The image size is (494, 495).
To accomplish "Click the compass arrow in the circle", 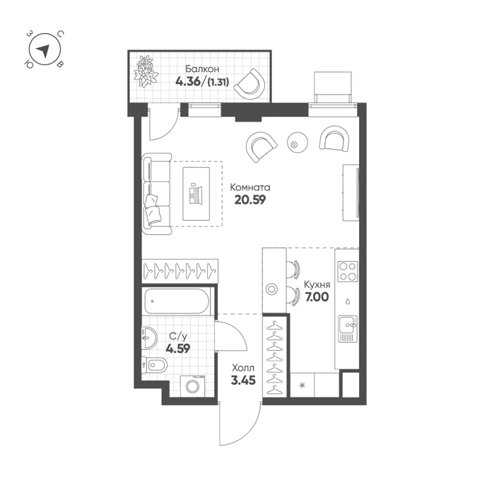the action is pyautogui.click(x=44, y=50).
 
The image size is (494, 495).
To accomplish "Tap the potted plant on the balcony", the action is pyautogui.click(x=146, y=71).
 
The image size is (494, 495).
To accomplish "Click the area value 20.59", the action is pyautogui.click(x=250, y=200).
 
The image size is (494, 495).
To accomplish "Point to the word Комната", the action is pyautogui.click(x=250, y=187).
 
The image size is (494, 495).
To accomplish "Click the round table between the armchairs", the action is pyautogui.click(x=297, y=142).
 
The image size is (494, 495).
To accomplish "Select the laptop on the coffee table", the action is pyautogui.click(x=196, y=193).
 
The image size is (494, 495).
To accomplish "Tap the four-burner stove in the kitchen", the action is pyautogui.click(x=348, y=271).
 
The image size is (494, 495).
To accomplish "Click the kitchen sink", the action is pyautogui.click(x=348, y=329).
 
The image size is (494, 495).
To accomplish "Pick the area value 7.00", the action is pyautogui.click(x=317, y=297).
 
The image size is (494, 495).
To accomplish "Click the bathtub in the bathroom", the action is pyautogui.click(x=177, y=301).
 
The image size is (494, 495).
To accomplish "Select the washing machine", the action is pyautogui.click(x=192, y=385).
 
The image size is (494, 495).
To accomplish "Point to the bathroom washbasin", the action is pyautogui.click(x=149, y=338).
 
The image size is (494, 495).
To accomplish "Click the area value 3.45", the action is pyautogui.click(x=243, y=380).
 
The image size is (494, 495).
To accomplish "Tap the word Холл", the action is pyautogui.click(x=243, y=368).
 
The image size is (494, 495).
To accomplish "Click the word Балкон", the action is pyautogui.click(x=202, y=69).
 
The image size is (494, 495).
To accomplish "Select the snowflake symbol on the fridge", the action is pyautogui.click(x=302, y=385).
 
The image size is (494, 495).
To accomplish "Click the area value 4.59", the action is pyautogui.click(x=178, y=349).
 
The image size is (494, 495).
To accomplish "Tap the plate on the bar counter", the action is pyautogui.click(x=271, y=289).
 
